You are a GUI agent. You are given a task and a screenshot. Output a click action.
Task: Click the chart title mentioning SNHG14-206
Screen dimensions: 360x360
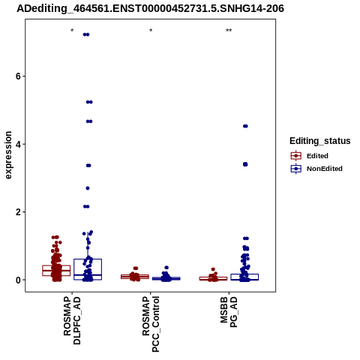[x=150, y=8]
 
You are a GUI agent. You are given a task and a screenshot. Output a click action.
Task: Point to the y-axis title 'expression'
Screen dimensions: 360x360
[x=8, y=155]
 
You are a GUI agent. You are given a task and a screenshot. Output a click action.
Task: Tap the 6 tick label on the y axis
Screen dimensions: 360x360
[x=18, y=76]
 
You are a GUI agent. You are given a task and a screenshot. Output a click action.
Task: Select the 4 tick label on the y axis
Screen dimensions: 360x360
[x=18, y=144]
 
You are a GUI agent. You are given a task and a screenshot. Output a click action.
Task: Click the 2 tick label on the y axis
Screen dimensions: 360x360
[x=18, y=212]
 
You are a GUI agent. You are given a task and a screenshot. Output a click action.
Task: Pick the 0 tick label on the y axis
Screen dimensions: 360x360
[x=18, y=280]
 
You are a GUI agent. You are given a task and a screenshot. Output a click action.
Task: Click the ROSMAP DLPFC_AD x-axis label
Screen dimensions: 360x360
[x=72, y=321]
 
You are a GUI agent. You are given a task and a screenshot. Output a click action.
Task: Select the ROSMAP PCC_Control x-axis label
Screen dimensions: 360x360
[x=151, y=324]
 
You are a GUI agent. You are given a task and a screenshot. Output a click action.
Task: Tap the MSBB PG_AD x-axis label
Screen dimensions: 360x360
[x=229, y=312]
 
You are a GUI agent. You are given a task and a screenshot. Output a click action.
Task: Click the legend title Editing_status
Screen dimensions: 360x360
[x=320, y=141]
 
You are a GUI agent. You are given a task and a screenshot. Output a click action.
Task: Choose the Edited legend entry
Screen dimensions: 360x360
[x=310, y=156]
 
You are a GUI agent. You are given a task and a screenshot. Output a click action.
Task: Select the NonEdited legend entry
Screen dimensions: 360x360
[x=316, y=169]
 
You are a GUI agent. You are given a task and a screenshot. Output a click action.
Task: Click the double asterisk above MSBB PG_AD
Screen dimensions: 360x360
[x=229, y=31]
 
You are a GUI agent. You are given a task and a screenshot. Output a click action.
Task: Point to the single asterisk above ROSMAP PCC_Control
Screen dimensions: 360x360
[x=151, y=31]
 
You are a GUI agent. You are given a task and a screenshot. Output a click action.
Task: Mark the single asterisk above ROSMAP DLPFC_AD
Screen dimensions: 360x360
[x=72, y=31]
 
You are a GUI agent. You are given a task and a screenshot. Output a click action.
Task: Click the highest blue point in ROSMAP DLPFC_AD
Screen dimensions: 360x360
[x=86, y=34]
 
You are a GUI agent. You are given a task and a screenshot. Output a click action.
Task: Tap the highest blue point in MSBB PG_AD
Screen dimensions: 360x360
[x=245, y=126]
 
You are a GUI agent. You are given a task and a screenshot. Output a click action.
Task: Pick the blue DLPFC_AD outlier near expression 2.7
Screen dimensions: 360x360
[x=88, y=188]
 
